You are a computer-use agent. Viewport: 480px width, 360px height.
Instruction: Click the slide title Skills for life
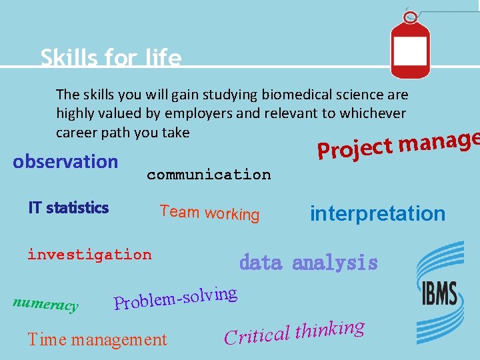point(111,58)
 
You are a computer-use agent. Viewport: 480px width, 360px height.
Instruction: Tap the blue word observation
point(65,162)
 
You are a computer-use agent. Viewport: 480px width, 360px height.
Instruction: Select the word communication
point(209,175)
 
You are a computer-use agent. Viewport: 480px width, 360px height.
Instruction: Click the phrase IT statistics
point(68,208)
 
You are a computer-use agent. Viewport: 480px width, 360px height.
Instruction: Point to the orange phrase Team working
point(209,213)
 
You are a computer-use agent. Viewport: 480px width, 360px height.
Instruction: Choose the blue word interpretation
point(377,214)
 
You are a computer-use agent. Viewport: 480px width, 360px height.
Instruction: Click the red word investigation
point(89,255)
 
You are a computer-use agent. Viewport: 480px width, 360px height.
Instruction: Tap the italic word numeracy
point(45,304)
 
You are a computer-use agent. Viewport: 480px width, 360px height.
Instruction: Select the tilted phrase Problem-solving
point(175,298)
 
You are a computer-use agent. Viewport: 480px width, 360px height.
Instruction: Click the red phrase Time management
point(97,339)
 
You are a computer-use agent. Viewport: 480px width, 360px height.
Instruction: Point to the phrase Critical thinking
point(294,331)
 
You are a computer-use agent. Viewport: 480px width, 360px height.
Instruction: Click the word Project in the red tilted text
point(354,148)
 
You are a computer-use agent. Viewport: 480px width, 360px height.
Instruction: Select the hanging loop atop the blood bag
point(411,17)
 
